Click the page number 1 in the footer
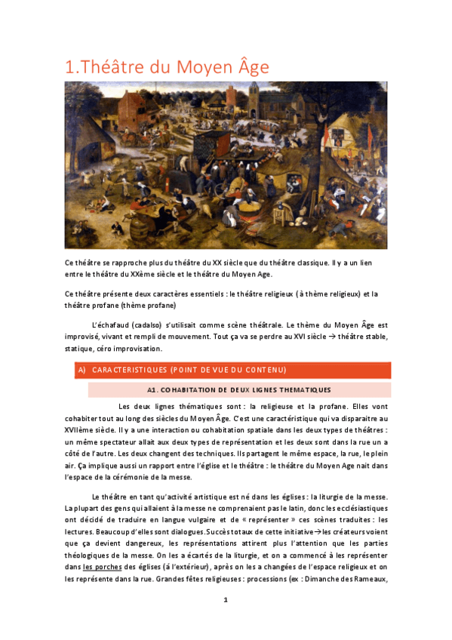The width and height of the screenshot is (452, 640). pos(226,599)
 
